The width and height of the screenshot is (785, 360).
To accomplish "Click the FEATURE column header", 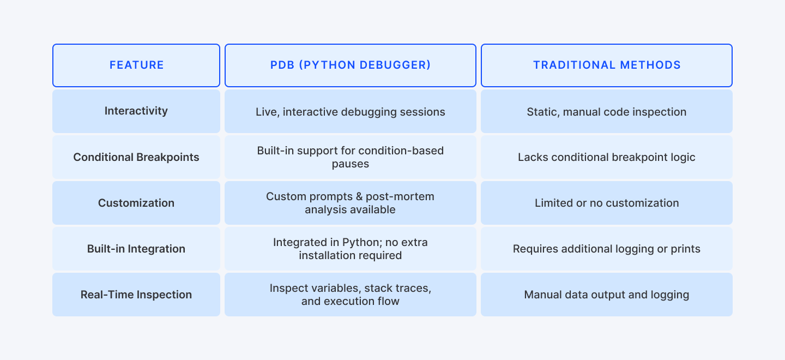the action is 136,65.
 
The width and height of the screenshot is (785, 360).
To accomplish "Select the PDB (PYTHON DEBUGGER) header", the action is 350,65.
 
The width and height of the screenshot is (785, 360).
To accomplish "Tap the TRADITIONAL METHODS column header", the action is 607,65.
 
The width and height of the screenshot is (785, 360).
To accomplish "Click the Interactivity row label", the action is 136,111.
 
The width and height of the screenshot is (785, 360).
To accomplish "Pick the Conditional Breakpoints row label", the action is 136,157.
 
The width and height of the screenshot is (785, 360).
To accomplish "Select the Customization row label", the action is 136,203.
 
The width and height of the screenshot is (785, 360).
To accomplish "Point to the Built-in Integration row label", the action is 136,249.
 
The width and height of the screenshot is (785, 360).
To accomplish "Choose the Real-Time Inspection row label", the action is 136,295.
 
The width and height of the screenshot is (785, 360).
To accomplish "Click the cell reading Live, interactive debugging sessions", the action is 350,111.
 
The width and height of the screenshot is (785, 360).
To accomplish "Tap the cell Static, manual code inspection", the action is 607,111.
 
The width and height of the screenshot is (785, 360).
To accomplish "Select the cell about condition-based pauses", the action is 350,157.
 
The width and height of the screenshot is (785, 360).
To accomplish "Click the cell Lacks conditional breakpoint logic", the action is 607,157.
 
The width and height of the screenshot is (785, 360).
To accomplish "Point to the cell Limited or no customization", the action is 607,203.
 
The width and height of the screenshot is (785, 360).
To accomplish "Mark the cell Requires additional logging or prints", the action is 607,249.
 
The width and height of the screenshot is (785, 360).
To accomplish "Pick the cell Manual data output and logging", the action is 607,295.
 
